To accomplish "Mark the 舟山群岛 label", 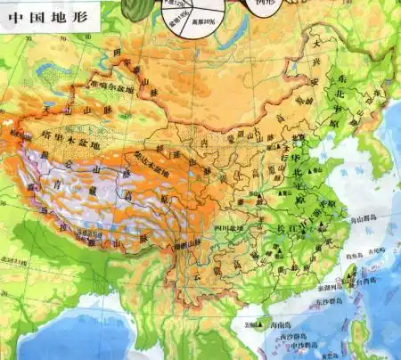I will (x=378, y=217).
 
